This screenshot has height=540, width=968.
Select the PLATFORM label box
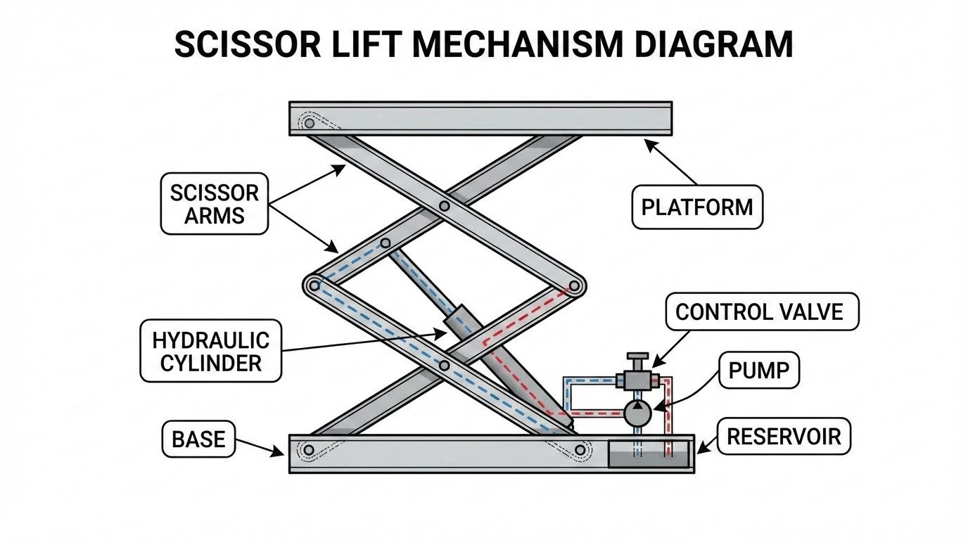click(x=696, y=207)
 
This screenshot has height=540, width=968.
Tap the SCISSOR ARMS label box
click(x=215, y=204)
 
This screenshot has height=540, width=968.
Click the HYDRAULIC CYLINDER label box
click(x=210, y=351)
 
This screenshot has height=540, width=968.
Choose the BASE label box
click(x=198, y=439)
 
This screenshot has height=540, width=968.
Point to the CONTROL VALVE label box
click(x=759, y=311)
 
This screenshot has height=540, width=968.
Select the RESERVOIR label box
click(x=783, y=436)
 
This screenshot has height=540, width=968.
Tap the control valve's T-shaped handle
click(x=637, y=360)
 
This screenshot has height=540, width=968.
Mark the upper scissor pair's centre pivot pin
click(x=444, y=206)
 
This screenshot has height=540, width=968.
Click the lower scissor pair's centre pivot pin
click(x=443, y=366)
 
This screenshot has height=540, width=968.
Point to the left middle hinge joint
click(x=312, y=285)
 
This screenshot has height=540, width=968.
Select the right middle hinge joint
click(x=575, y=285)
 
